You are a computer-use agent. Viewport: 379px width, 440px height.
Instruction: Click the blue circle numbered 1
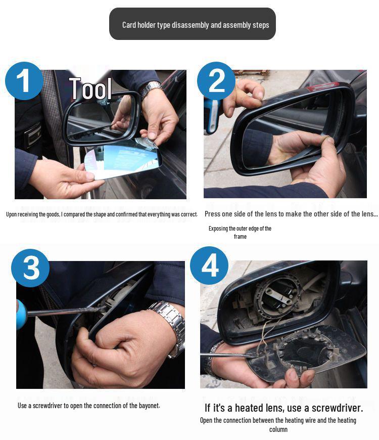[x=24, y=81]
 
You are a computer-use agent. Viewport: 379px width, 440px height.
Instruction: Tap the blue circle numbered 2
[x=216, y=80]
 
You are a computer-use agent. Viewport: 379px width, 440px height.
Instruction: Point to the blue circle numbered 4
[x=210, y=266]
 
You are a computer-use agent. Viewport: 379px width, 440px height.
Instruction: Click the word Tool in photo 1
[x=90, y=89]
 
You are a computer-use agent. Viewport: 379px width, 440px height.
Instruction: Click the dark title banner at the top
[x=193, y=24]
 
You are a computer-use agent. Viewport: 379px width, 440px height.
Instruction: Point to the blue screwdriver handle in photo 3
[x=21, y=314]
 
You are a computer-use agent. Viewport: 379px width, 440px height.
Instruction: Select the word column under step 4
[x=278, y=429]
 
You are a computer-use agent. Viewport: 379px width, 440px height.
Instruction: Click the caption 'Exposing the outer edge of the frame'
[x=240, y=232]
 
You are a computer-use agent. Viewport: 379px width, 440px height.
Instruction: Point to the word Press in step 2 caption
[x=214, y=214]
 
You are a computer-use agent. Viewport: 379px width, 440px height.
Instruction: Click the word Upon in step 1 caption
[x=12, y=214]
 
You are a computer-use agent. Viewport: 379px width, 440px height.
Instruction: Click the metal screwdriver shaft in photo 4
[x=227, y=357]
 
